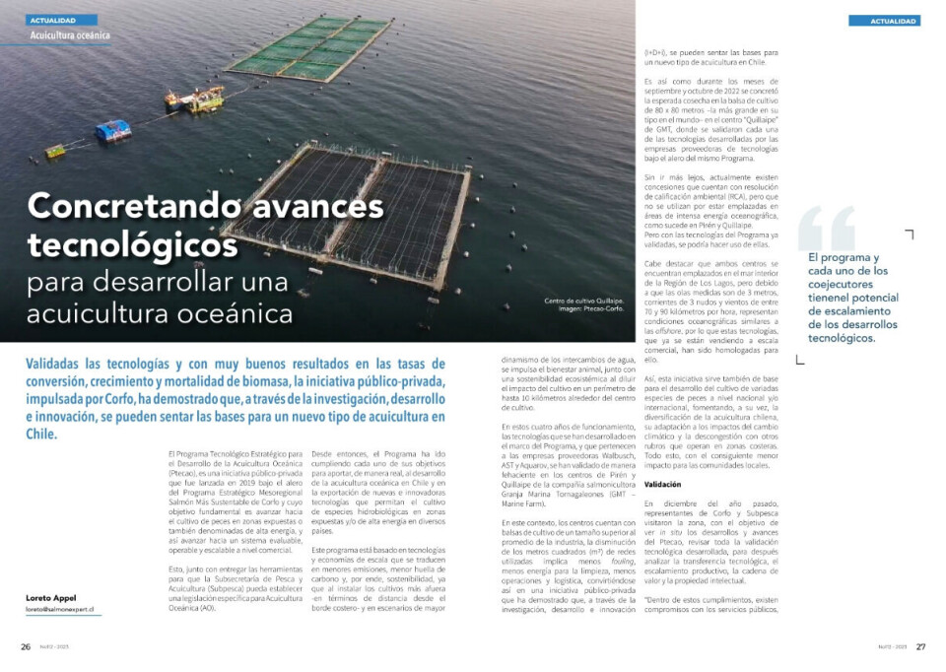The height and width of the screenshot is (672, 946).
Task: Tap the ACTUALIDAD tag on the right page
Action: click(884, 21)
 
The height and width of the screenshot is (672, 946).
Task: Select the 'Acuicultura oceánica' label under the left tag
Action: click(70, 35)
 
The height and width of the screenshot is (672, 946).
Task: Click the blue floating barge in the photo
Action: click(112, 130)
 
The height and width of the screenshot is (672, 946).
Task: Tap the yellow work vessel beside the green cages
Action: click(194, 98)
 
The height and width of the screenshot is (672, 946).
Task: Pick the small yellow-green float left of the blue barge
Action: click(56, 151)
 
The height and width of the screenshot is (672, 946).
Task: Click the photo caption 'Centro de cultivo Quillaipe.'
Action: click(584, 301)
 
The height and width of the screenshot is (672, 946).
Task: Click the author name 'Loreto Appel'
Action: click(50, 597)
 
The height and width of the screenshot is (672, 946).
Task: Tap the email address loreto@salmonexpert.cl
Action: click(60, 609)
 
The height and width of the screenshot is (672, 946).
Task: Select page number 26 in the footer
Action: click(26, 647)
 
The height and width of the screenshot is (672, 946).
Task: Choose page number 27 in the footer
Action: click(920, 647)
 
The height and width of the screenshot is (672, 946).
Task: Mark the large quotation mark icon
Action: click(826, 229)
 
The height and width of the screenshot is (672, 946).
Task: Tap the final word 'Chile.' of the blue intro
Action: click(41, 433)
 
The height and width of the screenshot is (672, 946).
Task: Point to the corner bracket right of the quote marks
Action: click(908, 235)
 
